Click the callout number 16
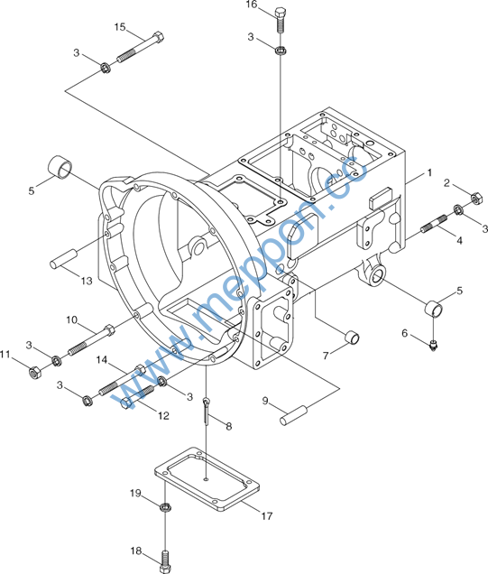point(252,5)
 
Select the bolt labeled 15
point(141,47)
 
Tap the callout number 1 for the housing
point(430,172)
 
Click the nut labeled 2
point(475,198)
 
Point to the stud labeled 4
point(434,224)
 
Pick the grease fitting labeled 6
point(434,345)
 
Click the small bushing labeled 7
point(353,338)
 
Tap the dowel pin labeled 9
point(294,415)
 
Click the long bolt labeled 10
point(92,339)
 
